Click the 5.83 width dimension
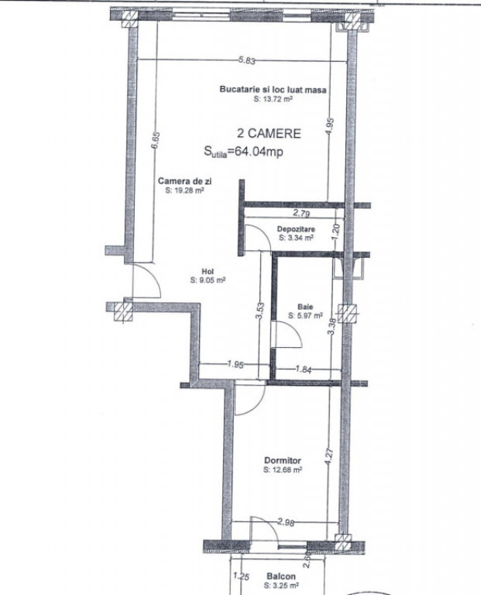coord(246,60)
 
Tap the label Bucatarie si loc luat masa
coord(273,90)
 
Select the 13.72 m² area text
coord(273,99)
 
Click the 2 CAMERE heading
coord(269,133)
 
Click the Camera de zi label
coord(185,181)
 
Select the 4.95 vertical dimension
coord(329,126)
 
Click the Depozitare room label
coord(296,229)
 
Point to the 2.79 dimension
coord(301,213)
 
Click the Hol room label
coord(208,272)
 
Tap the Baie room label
coord(305,307)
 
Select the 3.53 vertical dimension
coord(261,311)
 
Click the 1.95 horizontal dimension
coord(235,364)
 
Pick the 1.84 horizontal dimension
coord(304,369)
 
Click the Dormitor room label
coord(283,461)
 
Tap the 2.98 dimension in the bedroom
coord(286,522)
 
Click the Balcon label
coord(281,576)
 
